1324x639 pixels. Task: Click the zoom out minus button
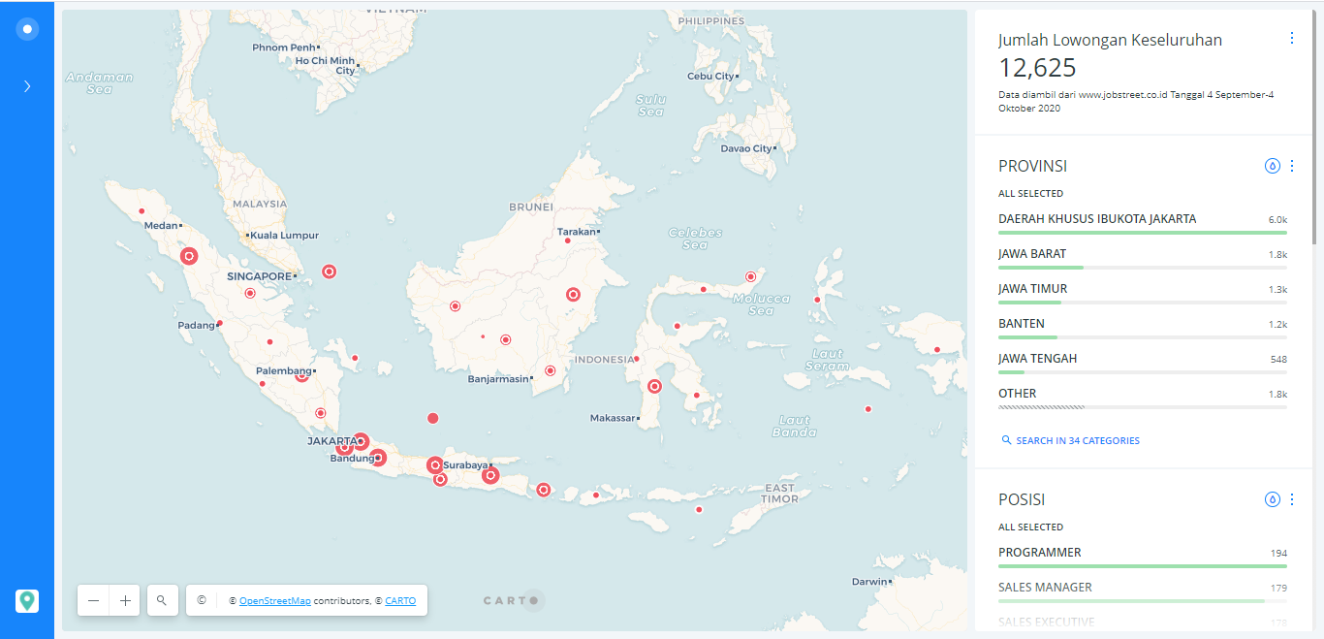(93, 600)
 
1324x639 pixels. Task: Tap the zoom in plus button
(125, 600)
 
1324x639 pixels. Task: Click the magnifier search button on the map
(162, 600)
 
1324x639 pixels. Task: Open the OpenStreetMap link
(275, 601)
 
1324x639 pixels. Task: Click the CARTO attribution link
(400, 601)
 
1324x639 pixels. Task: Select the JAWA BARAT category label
(1032, 254)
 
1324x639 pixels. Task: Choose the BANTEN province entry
(1022, 324)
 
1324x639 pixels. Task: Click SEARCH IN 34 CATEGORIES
(1077, 441)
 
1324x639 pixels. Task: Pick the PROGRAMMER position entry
(1040, 553)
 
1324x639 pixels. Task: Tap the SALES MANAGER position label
(1045, 588)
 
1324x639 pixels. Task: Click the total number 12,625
(1037, 68)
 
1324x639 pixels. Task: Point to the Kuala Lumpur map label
(284, 236)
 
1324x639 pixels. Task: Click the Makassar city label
(614, 419)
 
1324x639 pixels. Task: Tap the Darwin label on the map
(868, 582)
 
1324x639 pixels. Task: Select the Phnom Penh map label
(284, 48)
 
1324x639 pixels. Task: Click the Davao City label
(746, 149)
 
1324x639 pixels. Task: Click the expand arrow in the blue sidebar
(27, 86)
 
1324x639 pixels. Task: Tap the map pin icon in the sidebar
(27, 601)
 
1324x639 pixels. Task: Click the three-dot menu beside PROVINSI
(1291, 166)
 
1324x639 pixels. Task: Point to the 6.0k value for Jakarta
(1277, 220)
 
